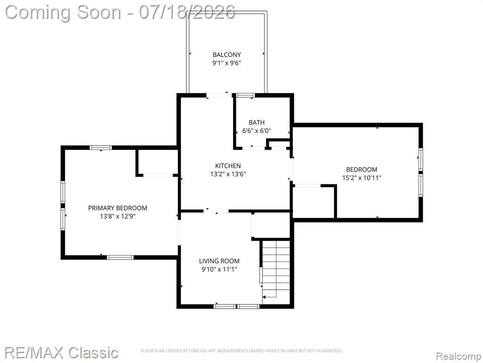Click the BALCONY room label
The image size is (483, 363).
click(x=227, y=55)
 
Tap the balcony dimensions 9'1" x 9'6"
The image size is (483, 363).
click(x=226, y=63)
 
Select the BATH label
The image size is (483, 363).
click(x=257, y=122)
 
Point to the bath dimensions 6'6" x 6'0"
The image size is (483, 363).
click(x=257, y=130)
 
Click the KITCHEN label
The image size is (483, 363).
click(x=228, y=166)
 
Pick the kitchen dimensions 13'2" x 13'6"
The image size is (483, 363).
click(x=228, y=174)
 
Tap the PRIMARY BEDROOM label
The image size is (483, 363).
click(x=117, y=208)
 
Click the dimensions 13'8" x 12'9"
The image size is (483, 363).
click(x=117, y=216)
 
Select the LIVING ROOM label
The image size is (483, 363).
click(x=219, y=261)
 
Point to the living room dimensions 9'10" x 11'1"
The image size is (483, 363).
click(x=219, y=269)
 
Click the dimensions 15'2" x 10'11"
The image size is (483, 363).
click(x=362, y=178)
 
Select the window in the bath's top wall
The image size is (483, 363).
click(x=245, y=95)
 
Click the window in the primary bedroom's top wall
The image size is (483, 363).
click(x=101, y=147)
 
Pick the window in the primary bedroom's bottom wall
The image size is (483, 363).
click(x=120, y=257)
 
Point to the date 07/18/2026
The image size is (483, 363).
click(x=187, y=12)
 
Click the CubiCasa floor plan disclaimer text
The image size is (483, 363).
click(x=242, y=351)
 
